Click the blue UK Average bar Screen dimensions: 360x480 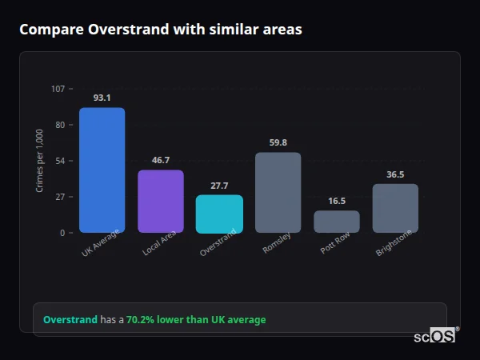(102, 170)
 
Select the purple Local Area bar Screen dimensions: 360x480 (161, 201)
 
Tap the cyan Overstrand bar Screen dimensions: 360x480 (219, 214)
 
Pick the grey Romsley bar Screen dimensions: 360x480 (278, 192)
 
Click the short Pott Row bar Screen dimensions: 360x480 (337, 222)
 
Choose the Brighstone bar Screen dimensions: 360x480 (395, 208)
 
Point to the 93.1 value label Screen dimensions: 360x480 (102, 98)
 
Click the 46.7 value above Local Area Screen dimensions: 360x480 (161, 160)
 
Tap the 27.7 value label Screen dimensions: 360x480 (219, 186)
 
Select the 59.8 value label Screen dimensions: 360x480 (278, 142)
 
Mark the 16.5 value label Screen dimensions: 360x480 (337, 201)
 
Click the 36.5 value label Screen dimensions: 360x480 (395, 174)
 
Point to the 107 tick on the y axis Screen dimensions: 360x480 (58, 89)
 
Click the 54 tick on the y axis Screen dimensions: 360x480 (60, 161)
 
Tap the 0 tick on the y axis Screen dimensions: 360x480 (62, 233)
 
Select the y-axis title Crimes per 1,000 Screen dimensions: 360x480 (40, 161)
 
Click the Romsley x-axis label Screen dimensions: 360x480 (277, 244)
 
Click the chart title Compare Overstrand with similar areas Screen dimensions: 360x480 (161, 30)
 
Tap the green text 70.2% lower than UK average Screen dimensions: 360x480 (196, 319)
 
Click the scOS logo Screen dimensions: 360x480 (434, 337)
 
